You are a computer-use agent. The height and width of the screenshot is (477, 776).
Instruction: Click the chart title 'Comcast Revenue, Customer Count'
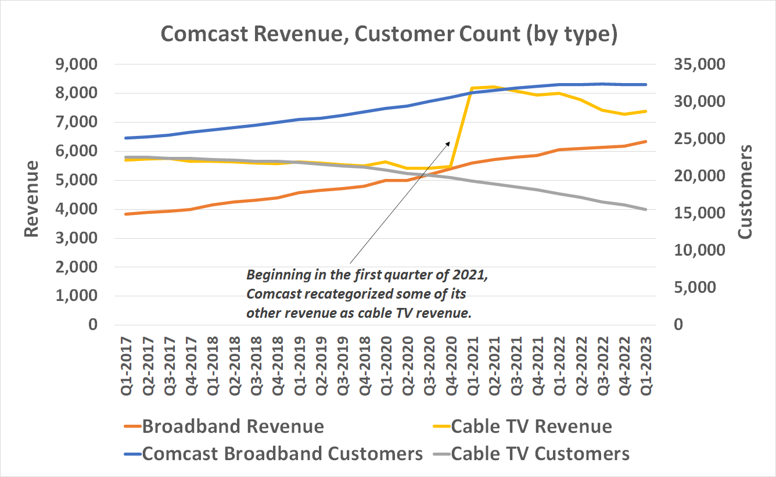(388, 34)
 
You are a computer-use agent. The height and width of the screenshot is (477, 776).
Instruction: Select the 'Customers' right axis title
(744, 192)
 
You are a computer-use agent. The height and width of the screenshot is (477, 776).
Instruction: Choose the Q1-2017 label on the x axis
(126, 366)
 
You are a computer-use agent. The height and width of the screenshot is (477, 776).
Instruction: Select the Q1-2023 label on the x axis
(645, 366)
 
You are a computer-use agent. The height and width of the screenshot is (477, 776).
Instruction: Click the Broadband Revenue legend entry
(232, 426)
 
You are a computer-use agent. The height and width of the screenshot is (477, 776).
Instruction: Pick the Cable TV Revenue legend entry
(531, 426)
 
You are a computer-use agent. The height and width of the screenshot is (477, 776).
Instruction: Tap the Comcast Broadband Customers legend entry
(282, 454)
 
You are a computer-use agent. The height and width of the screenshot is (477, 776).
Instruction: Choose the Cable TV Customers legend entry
(540, 454)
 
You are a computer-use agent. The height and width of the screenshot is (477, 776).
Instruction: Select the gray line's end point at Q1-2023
(645, 209)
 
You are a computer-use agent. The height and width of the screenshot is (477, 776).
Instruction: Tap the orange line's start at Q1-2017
(126, 214)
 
